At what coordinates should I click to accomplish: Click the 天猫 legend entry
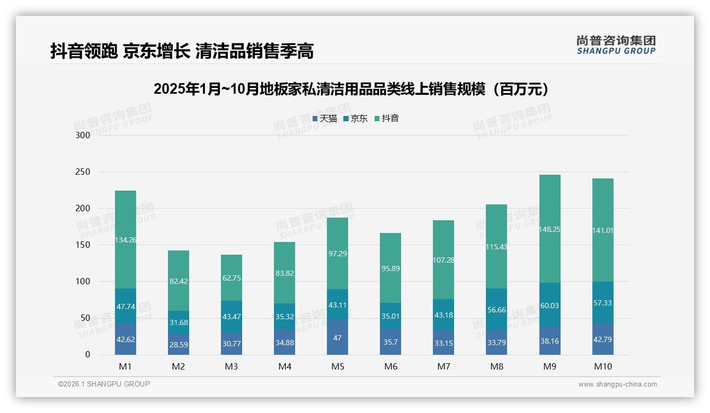[325, 119]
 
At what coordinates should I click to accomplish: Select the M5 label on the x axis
[338, 366]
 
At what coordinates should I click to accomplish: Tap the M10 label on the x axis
[602, 366]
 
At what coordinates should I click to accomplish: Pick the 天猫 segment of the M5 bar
[338, 337]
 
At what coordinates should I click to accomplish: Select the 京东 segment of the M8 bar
[496, 309]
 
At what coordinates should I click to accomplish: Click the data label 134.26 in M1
[126, 240]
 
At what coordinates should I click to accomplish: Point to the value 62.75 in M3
[232, 278]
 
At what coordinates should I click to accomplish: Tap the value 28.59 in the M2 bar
[179, 344]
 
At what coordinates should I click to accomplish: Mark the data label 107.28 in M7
[443, 260]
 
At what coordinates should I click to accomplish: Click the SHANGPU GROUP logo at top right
[616, 45]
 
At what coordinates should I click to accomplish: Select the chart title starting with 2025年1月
[352, 89]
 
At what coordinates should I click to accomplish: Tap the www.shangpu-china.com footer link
[617, 384]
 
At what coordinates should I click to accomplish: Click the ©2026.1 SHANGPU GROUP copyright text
[104, 384]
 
